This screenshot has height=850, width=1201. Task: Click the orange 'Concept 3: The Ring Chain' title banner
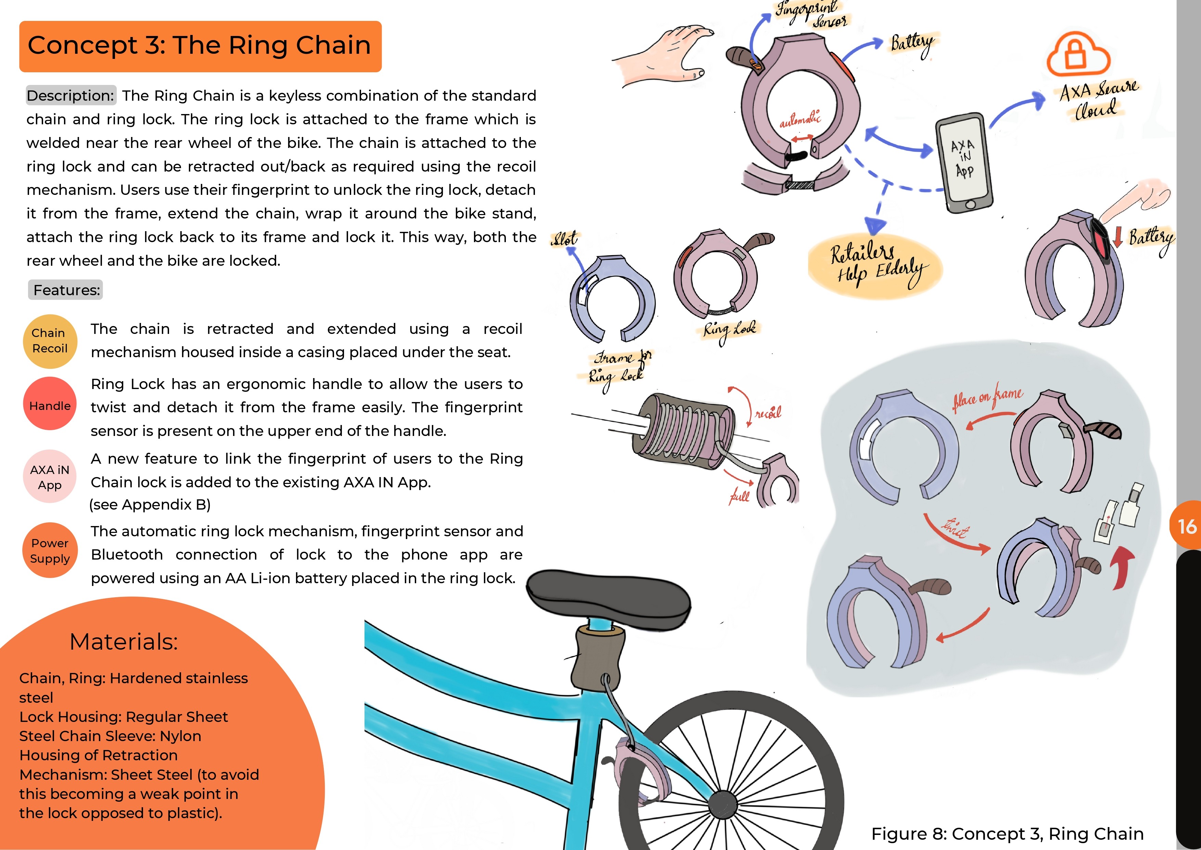coord(200,46)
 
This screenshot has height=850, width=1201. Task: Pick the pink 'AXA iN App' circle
coord(50,477)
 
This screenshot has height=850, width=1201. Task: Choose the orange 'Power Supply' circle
coord(50,551)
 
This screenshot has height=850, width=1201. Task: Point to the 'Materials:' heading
coord(124,641)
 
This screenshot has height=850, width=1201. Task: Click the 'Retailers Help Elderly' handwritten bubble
coord(875,265)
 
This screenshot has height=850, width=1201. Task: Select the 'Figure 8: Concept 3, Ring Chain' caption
coord(1007,833)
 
